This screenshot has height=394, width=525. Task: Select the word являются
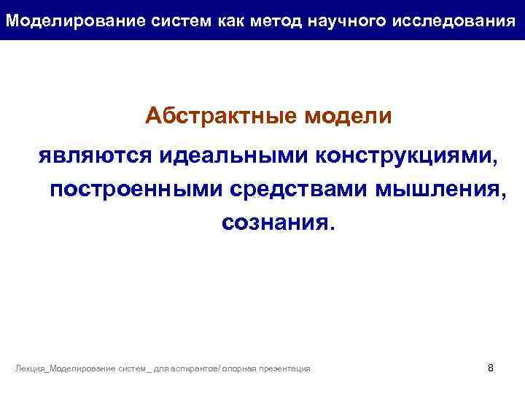click(x=93, y=155)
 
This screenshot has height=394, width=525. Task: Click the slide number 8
click(x=490, y=368)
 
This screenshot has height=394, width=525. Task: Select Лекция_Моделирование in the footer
click(x=66, y=369)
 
